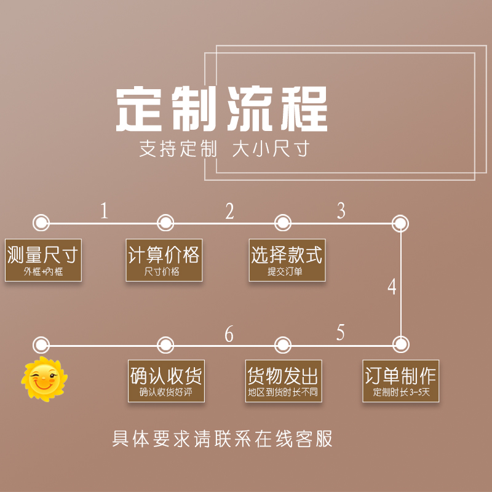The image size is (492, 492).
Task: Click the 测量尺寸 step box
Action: coord(43,260)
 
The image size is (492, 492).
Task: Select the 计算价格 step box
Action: coord(164,260)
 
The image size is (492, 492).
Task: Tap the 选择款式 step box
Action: coord(287,260)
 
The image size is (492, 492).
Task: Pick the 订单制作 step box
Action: coord(400,381)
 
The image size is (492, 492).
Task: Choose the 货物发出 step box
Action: coord(283,381)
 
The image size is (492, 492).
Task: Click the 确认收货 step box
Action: coord(165,381)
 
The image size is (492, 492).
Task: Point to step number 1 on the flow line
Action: coord(104,212)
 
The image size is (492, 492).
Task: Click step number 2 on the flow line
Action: coord(229,212)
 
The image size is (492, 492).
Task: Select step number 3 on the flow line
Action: coord(341,211)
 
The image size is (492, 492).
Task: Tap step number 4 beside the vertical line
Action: coord(392,287)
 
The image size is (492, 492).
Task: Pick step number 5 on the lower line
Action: coord(341,333)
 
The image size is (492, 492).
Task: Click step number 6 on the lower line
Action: coord(229,335)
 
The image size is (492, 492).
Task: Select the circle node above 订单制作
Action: coord(400,343)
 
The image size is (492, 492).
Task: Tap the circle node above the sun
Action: coord(41,343)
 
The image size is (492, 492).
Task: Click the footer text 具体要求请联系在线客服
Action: coord(223,439)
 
